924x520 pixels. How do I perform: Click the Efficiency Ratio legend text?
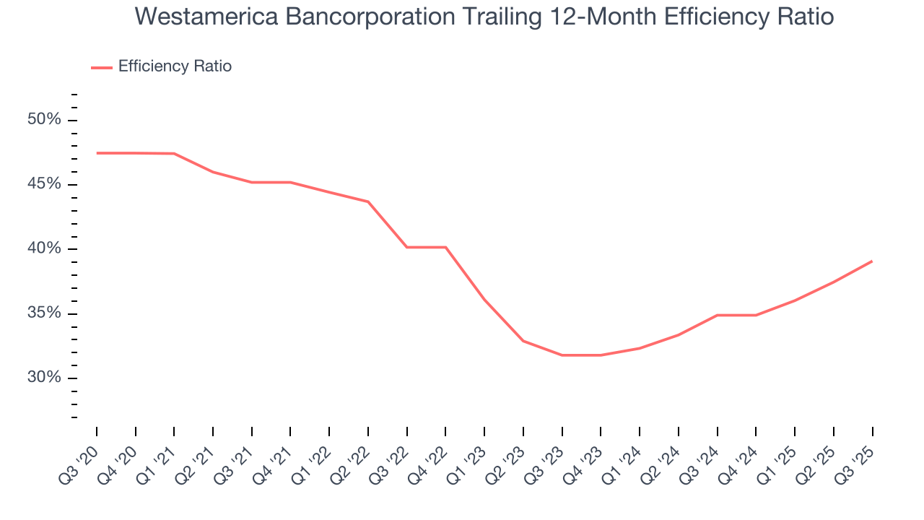[175, 66]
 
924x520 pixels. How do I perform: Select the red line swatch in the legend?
[102, 67]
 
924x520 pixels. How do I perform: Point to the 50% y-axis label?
[44, 119]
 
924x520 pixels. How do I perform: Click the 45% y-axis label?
[44, 184]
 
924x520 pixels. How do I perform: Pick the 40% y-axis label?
[44, 248]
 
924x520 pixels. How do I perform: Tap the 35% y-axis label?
[44, 313]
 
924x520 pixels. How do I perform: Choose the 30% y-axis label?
[44, 378]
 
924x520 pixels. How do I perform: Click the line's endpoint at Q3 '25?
[872, 261]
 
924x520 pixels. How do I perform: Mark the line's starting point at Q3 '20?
[97, 153]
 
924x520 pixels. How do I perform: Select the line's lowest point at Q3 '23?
[562, 355]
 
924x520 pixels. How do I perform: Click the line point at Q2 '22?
[368, 201]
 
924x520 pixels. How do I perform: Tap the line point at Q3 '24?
[717, 315]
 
